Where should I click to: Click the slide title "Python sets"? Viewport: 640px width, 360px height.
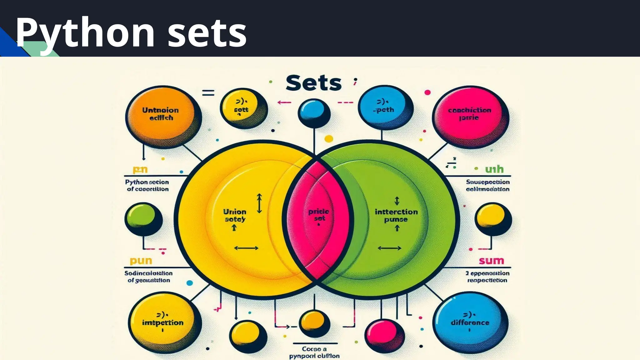point(131,32)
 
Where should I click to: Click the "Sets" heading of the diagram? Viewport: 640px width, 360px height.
point(313,83)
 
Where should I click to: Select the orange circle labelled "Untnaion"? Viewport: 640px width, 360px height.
point(161,116)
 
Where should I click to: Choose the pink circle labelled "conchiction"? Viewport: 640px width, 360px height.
point(470,114)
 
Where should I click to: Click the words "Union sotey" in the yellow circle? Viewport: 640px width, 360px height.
point(235,215)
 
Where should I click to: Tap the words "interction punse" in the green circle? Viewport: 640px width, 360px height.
point(396,215)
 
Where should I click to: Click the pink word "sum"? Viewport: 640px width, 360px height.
point(491,261)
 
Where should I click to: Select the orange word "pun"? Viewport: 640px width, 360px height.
point(141,261)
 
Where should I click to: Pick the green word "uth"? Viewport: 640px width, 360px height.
point(494,169)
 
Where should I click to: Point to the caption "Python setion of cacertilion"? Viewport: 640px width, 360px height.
point(147,185)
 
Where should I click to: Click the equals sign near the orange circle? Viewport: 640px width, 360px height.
point(208,93)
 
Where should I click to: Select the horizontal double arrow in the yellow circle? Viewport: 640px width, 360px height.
point(246,248)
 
